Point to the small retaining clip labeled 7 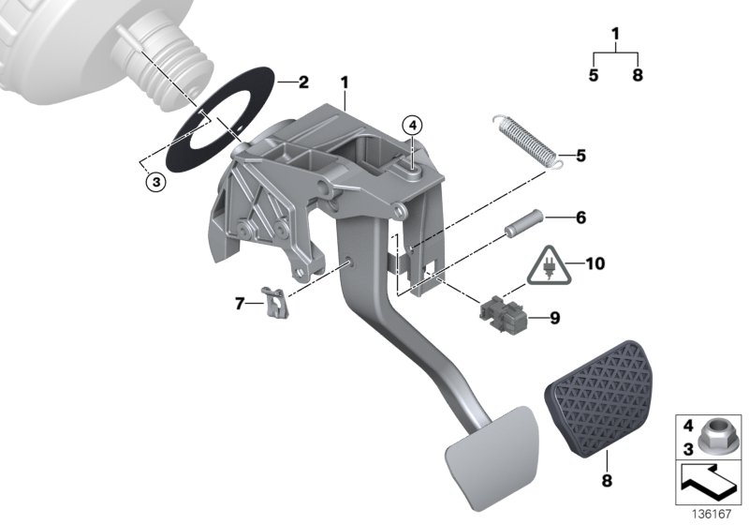(x=274, y=303)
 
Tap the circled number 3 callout (x=156, y=182)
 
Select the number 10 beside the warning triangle (x=595, y=263)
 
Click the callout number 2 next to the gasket (x=302, y=82)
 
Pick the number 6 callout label (x=580, y=217)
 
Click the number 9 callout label (x=554, y=319)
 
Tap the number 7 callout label (x=240, y=303)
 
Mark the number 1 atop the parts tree (x=615, y=36)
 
